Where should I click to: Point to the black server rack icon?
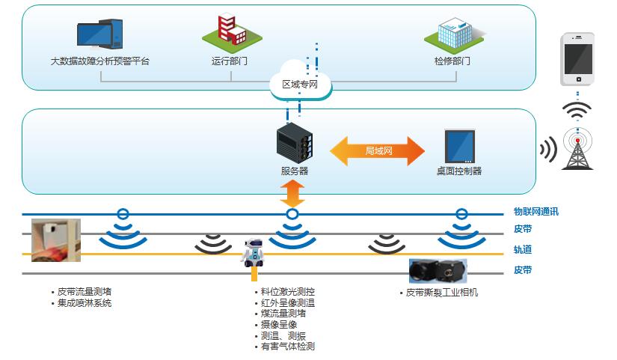(294, 144)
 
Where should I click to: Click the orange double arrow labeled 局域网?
(378, 150)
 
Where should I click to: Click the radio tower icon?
(577, 148)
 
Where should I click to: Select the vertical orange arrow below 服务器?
(293, 194)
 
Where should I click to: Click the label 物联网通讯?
(535, 213)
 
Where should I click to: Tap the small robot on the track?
(254, 252)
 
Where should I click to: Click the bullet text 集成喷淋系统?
(84, 303)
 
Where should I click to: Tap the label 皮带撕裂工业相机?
(441, 292)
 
